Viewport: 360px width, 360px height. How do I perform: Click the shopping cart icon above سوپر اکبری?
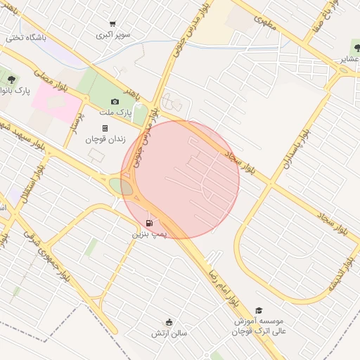click(112, 24)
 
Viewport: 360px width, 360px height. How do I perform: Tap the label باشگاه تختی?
click(26, 37)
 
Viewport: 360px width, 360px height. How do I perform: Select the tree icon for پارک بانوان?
click(11, 79)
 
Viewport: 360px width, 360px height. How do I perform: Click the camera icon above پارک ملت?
click(115, 101)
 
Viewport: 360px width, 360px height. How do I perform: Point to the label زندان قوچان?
click(105, 139)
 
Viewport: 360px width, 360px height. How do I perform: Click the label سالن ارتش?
click(169, 334)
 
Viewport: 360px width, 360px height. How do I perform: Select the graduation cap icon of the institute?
click(259, 310)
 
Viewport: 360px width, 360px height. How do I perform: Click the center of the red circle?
click(181, 179)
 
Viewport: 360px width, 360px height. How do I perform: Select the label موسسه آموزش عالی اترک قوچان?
click(262, 326)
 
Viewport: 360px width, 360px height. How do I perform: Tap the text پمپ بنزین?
click(150, 233)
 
